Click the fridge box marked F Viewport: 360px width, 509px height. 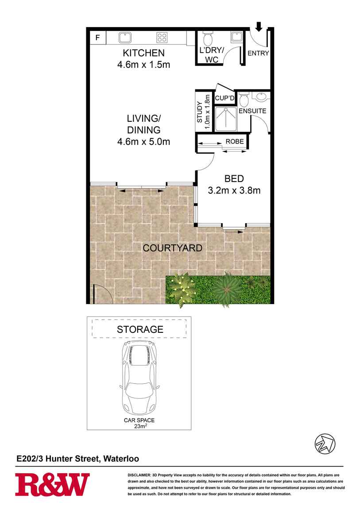pos(97,38)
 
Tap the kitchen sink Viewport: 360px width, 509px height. pos(125,38)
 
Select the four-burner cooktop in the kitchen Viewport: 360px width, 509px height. pos(162,38)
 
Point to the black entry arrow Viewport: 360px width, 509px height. pos(259,27)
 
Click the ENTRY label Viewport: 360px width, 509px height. pos(259,53)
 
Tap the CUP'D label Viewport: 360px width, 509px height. pos(225,98)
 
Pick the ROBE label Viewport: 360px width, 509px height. pos(235,142)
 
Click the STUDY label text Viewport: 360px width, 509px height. pos(200,112)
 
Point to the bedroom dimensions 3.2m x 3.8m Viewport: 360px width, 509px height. pos(234,190)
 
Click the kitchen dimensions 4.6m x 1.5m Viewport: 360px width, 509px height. pos(143,64)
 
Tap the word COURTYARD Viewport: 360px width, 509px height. pos(172,248)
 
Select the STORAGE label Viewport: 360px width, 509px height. pos(140,329)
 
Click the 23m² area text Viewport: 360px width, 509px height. pos(140,426)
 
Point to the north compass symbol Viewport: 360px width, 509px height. pos(325,443)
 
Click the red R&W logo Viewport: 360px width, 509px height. pos(52,485)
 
